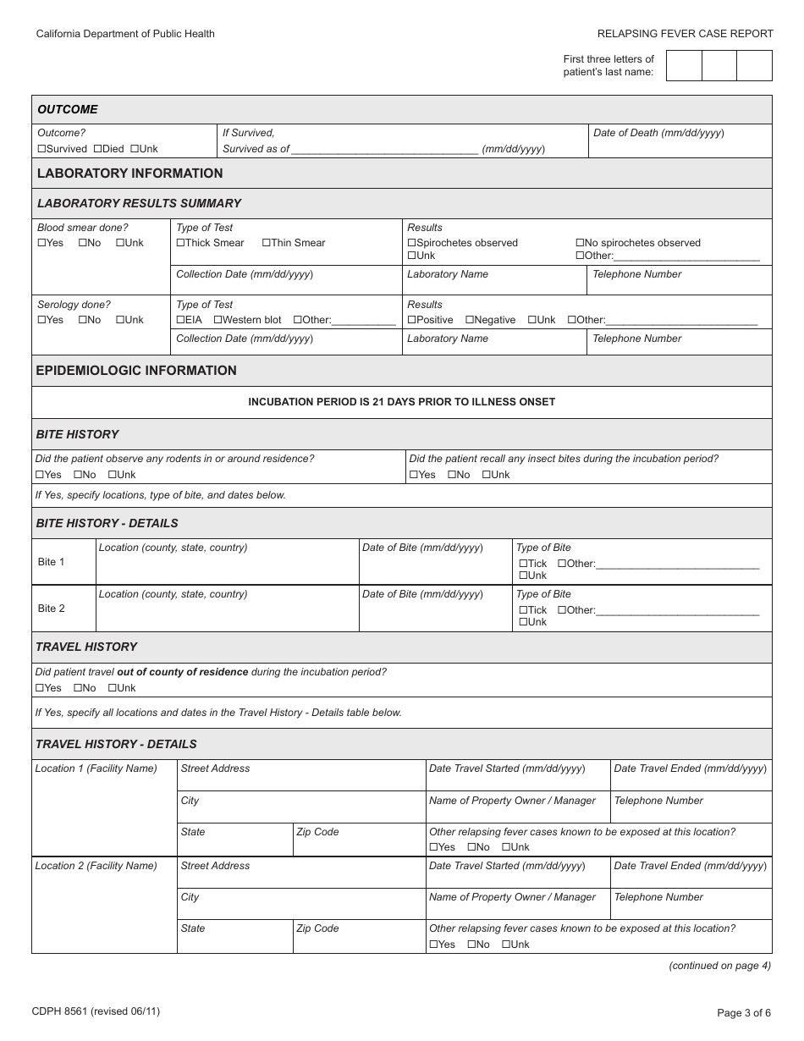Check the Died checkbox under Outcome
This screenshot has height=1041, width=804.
point(97,149)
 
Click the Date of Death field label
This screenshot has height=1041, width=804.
point(658,133)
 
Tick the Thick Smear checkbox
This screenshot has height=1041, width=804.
point(180,243)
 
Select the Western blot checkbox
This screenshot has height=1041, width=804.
point(218,320)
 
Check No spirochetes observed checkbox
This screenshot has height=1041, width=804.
point(581,243)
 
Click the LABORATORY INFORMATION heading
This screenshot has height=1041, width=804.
point(129,173)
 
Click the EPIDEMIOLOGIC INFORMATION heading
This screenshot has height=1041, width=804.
point(136,371)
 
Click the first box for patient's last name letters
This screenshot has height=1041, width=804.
point(684,65)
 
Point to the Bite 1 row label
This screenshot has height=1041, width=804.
point(51,562)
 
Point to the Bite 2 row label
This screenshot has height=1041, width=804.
point(51,609)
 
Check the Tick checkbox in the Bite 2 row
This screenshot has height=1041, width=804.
point(522,610)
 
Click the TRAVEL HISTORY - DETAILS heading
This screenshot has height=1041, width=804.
point(116,744)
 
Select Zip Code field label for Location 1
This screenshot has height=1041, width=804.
point(317,832)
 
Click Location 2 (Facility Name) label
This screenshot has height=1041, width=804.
point(96,866)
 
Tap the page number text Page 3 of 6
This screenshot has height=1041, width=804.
point(743,1012)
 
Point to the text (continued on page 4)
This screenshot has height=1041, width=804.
point(719,965)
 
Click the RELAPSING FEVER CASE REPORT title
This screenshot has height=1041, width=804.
point(685,34)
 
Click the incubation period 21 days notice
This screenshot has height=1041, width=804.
point(401,402)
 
